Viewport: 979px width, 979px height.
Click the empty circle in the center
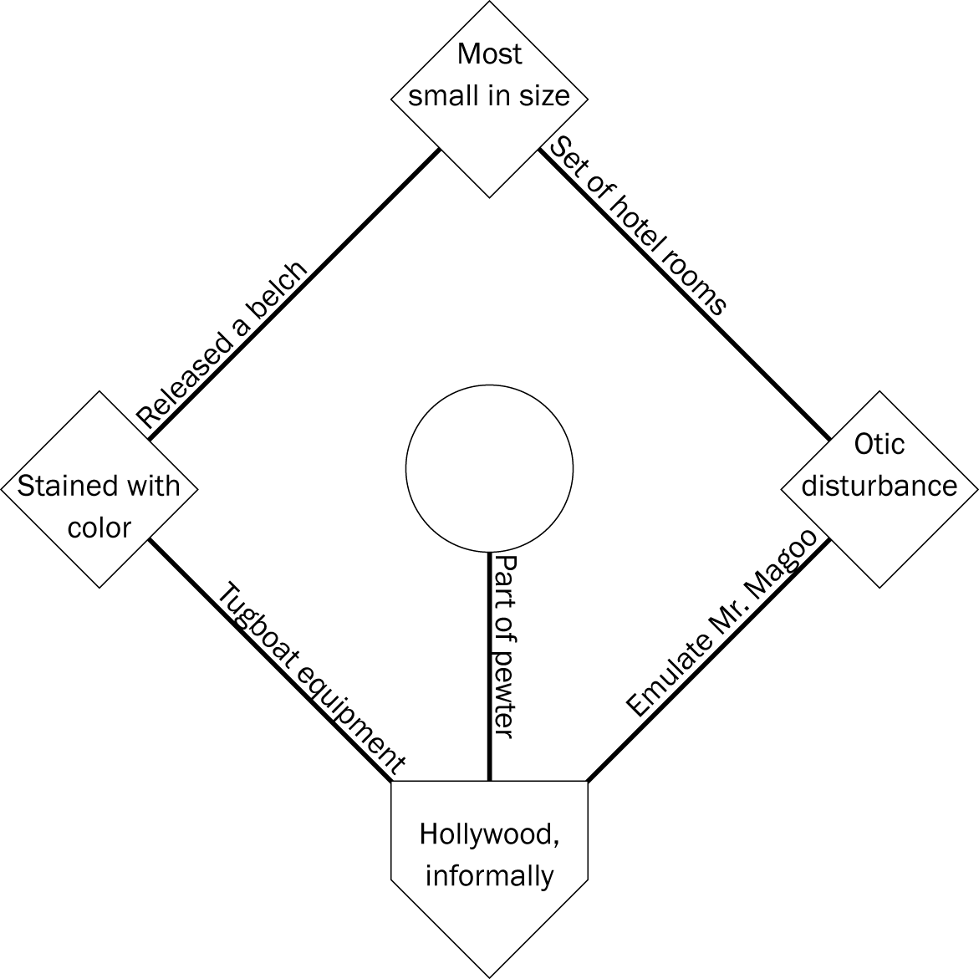pos(489,469)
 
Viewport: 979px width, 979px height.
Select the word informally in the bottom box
pos(489,875)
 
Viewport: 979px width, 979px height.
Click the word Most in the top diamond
pos(490,54)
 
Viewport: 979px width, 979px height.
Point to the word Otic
pos(879,444)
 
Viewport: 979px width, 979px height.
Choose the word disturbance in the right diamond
pos(879,486)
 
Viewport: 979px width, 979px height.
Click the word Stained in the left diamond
pos(59,486)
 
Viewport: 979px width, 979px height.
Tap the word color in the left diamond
pos(99,528)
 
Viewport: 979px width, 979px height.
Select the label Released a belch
pos(222,345)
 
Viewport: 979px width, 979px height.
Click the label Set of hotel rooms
pos(636,225)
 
